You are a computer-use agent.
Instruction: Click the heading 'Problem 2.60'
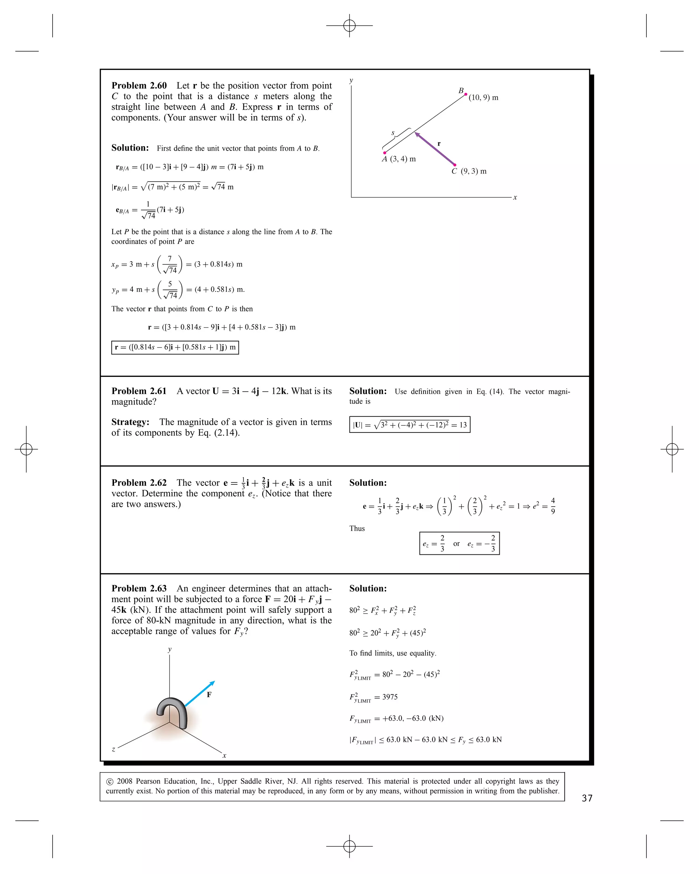[x=139, y=86]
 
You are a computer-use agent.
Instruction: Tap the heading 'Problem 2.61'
[x=139, y=391]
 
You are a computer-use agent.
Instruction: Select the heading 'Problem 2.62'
[x=139, y=483]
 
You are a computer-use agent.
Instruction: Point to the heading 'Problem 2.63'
[x=139, y=589]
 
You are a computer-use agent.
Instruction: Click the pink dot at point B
[x=466, y=94]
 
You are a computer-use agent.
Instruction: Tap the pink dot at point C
[x=455, y=165]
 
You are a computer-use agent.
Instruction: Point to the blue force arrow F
[x=199, y=694]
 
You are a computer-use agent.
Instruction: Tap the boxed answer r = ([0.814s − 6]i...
[x=175, y=348]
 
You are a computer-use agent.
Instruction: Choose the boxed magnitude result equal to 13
[x=410, y=425]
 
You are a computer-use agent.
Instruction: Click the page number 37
[x=587, y=798]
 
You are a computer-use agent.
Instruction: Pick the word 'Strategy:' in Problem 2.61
[x=130, y=422]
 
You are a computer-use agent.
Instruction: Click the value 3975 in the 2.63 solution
[x=390, y=697]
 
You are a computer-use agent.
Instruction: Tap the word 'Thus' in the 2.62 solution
[x=357, y=528]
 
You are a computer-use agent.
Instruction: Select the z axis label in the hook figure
[x=113, y=749]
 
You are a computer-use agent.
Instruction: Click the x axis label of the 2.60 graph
[x=515, y=197]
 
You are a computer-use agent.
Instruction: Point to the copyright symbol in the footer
[x=110, y=781]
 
